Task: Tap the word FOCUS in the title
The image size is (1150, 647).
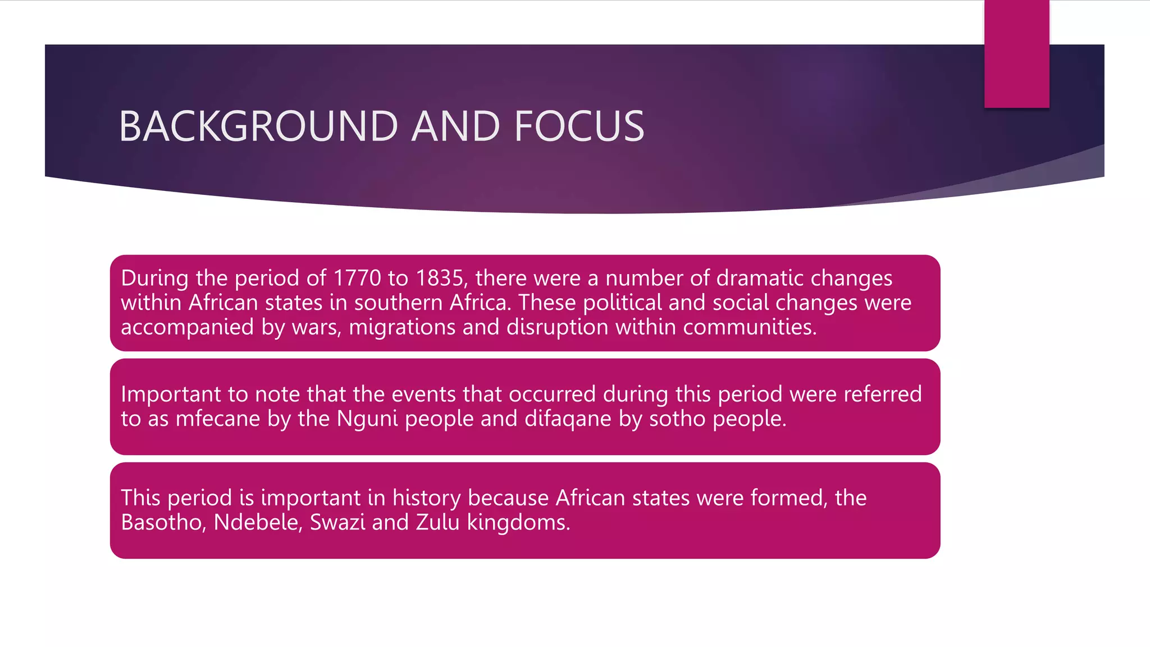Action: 579,126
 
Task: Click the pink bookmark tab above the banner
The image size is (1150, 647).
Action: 1016,53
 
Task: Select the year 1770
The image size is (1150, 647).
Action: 357,278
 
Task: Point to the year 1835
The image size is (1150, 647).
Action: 440,278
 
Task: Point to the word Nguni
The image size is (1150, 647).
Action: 367,419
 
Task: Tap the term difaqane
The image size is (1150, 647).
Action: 568,419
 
